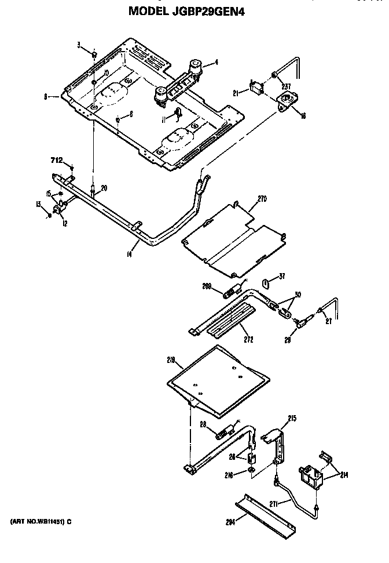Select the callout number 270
point(262,198)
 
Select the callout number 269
point(207,286)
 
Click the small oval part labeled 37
point(266,284)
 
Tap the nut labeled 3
point(93,53)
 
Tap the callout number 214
point(345,475)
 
